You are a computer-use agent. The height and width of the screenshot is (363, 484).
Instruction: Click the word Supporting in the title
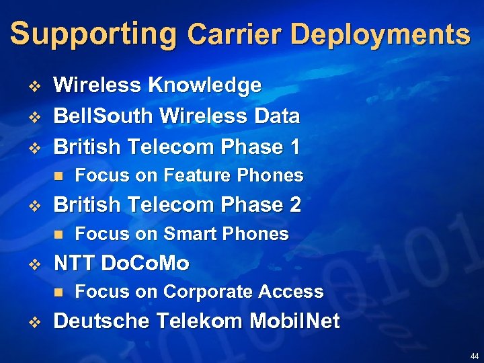click(93, 34)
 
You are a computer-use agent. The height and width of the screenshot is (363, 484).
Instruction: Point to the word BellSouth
click(104, 116)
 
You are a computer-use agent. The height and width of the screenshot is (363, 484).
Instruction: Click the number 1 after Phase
click(292, 147)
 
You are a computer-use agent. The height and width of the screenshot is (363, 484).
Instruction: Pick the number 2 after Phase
click(294, 204)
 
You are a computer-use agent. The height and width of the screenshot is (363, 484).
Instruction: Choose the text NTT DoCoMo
click(121, 263)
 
